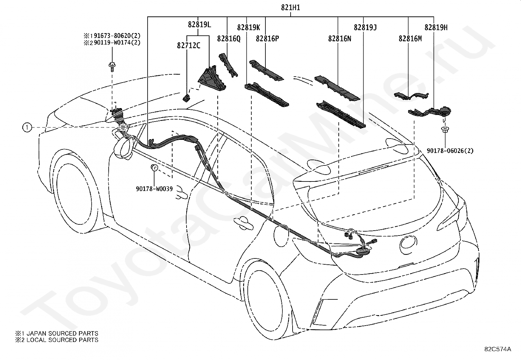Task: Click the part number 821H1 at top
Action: pyautogui.click(x=291, y=8)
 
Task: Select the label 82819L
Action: pyautogui.click(x=199, y=25)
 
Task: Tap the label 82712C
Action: pyautogui.click(x=189, y=46)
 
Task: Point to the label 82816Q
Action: pyautogui.click(x=229, y=38)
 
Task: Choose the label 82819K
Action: pyautogui.click(x=248, y=28)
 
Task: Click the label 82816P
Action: pyautogui.click(x=267, y=38)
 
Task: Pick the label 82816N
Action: pyautogui.click(x=340, y=38)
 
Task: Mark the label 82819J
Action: pyautogui.click(x=365, y=28)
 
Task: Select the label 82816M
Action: pyautogui.click(x=410, y=38)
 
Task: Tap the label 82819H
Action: pyautogui.click(x=436, y=28)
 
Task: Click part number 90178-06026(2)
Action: pyautogui.click(x=450, y=151)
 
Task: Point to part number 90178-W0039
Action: pyautogui.click(x=154, y=189)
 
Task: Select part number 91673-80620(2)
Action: pyautogui.click(x=117, y=36)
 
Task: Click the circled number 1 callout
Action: pyautogui.click(x=27, y=127)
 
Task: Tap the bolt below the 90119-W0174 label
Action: pyautogui.click(x=112, y=66)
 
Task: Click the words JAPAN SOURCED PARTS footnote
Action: pyautogui.click(x=62, y=333)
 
